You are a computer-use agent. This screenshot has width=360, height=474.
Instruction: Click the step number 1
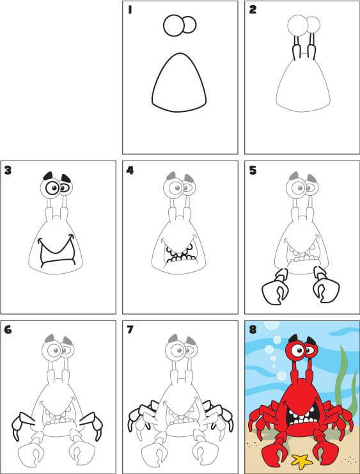pos(130,10)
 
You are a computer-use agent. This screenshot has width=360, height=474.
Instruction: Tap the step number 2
pos(253,10)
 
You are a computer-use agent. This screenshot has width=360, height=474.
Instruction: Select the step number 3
pos(8,170)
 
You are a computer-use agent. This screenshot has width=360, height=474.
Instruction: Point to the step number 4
pos(130,170)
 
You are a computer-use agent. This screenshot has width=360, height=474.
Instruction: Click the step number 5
pos(253,170)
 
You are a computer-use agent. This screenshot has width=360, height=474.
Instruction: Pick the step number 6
pos(8,329)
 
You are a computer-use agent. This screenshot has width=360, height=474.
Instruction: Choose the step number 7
pos(130,329)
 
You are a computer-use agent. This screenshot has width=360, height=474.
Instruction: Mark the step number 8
pos(253,329)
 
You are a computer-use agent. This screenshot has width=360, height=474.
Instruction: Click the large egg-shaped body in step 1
pos(179,83)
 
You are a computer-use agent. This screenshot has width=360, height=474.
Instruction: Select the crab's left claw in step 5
pos(275,288)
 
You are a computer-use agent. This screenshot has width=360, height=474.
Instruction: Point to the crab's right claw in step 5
pos(326,285)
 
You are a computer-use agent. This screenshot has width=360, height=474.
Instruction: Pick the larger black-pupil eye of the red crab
pos(298,351)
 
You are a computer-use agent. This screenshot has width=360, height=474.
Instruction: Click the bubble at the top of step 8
pos(271,325)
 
